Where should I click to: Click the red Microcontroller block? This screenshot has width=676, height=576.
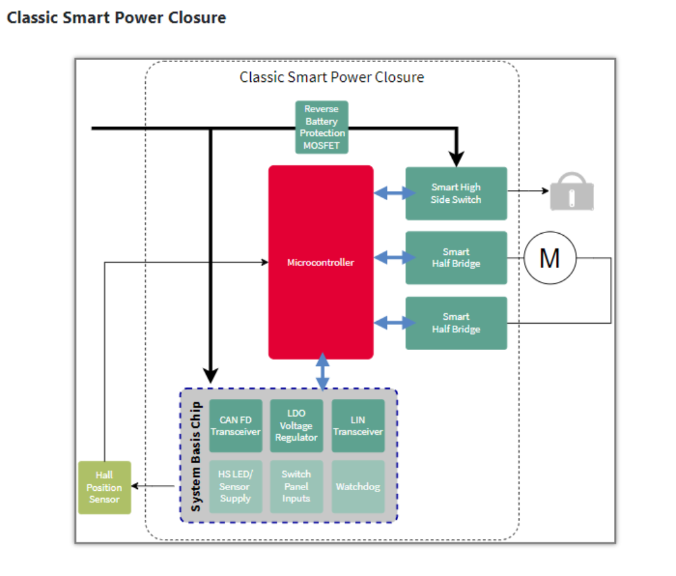pyautogui.click(x=321, y=262)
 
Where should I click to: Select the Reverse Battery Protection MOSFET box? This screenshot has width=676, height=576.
pyautogui.click(x=321, y=127)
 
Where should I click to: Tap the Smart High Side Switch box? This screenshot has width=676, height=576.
pyautogui.click(x=456, y=193)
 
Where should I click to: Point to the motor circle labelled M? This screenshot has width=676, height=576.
pyautogui.click(x=550, y=258)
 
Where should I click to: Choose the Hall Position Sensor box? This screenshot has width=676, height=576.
pyautogui.click(x=104, y=487)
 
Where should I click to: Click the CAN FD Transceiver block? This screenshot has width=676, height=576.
pyautogui.click(x=236, y=425)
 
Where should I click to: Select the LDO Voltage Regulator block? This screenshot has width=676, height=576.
pyautogui.click(x=296, y=425)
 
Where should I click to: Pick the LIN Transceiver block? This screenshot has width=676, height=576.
pyautogui.click(x=358, y=425)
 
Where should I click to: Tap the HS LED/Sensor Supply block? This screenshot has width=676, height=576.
pyautogui.click(x=236, y=487)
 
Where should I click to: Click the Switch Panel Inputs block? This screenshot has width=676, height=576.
pyautogui.click(x=296, y=487)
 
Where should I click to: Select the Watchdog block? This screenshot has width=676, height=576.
pyautogui.click(x=358, y=487)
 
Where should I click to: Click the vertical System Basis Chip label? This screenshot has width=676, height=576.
pyautogui.click(x=196, y=456)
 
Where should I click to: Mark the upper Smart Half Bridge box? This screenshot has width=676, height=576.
pyautogui.click(x=456, y=258)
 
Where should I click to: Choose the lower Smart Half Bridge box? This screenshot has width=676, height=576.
pyautogui.click(x=456, y=323)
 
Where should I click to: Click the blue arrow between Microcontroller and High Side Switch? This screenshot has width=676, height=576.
pyautogui.click(x=389, y=193)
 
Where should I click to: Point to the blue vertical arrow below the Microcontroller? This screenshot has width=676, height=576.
pyautogui.click(x=323, y=371)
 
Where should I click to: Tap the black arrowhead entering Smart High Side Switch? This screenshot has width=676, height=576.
pyautogui.click(x=456, y=159)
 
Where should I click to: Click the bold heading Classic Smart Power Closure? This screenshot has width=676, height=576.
pyautogui.click(x=116, y=18)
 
